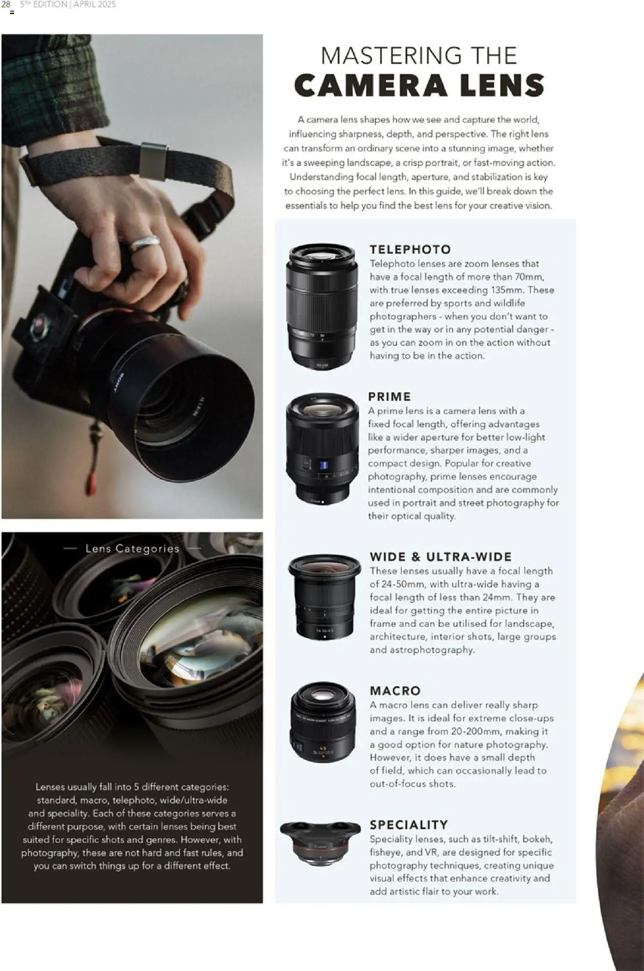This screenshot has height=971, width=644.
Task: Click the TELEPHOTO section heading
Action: pos(410,250)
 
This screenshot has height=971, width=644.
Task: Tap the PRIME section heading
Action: pos(389,397)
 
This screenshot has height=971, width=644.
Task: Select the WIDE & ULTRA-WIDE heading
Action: pos(441,557)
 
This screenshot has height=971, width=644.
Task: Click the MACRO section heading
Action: pos(395,691)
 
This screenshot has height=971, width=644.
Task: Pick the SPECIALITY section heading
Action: pos(409,825)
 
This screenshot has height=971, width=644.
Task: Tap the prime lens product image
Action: pos(322,448)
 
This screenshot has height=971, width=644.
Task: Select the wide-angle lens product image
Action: pos(325,596)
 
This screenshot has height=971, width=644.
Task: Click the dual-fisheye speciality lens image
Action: pos(320,842)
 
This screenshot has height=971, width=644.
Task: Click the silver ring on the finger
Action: pos(145,243)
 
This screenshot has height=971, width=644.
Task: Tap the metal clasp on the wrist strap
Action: pos(153,161)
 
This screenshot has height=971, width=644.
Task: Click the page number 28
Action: pos(6,4)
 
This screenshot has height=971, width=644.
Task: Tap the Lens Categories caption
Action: pos(132,549)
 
